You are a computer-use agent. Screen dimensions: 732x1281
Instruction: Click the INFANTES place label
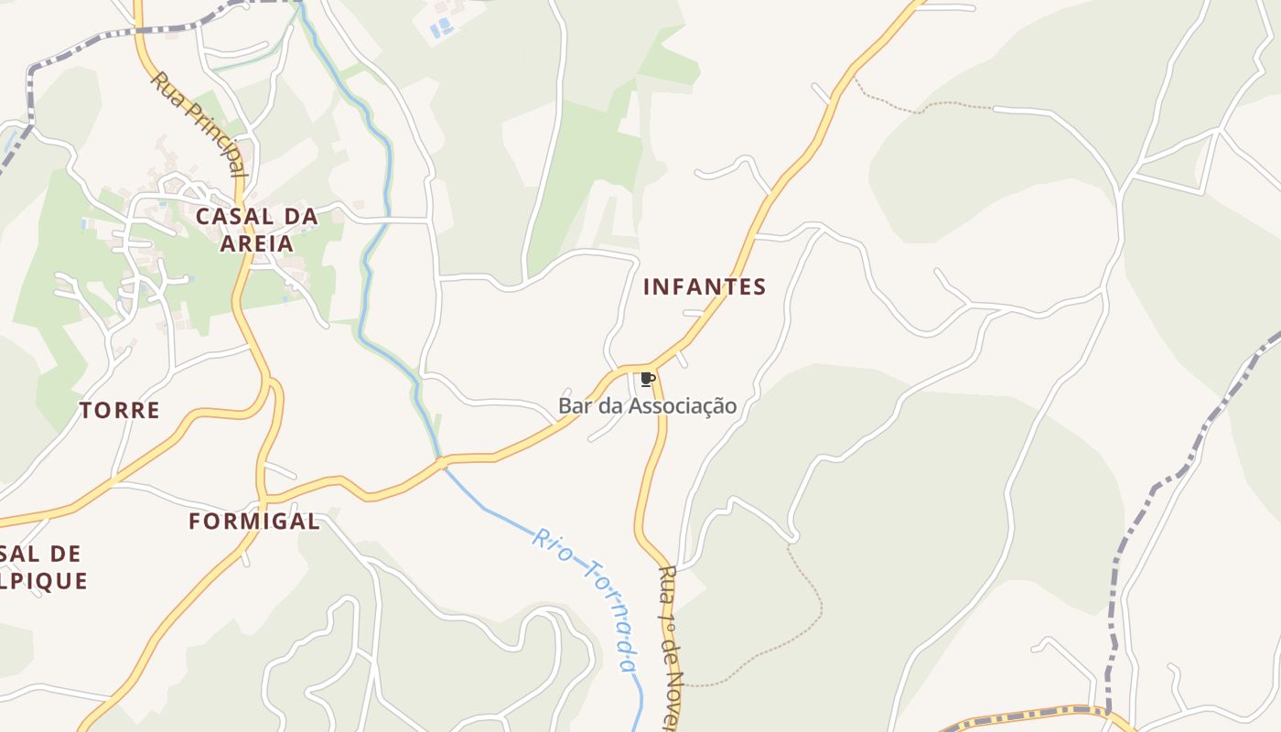[705, 286]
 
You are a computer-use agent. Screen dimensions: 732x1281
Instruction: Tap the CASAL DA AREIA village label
[257, 230]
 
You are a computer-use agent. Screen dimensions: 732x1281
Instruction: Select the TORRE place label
[120, 410]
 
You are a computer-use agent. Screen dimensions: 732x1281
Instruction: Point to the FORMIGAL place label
[254, 522]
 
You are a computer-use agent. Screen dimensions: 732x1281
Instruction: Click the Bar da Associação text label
[647, 405]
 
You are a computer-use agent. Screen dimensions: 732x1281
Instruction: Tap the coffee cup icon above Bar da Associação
[648, 379]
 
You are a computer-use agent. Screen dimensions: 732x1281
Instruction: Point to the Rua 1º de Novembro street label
[673, 645]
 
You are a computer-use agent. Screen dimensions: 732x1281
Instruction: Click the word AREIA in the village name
[257, 243]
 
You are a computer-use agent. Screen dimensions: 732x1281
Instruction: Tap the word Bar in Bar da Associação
[575, 405]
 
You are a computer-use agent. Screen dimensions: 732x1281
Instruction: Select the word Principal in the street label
[215, 142]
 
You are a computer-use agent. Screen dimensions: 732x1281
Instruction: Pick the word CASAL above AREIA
[234, 217]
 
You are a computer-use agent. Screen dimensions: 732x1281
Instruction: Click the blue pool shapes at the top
[442, 27]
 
